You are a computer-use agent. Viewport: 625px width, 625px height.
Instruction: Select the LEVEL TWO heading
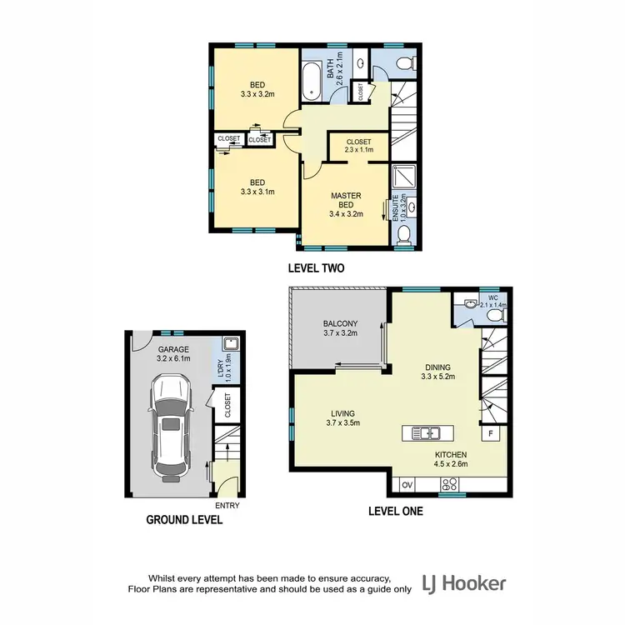(316, 268)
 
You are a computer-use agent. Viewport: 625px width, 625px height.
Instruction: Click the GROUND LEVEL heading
(184, 519)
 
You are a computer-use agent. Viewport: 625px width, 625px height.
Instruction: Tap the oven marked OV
(407, 483)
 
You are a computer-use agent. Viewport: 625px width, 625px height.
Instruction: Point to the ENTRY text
(227, 505)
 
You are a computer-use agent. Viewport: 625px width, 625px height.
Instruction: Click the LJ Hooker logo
(463, 582)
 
